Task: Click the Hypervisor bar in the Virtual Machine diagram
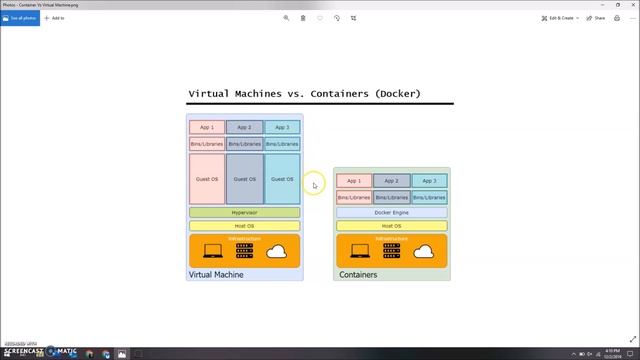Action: click(244, 213)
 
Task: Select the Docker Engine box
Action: click(391, 213)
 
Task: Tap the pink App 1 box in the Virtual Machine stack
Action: click(207, 128)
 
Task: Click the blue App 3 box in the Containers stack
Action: click(429, 181)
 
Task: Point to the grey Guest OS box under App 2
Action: click(245, 179)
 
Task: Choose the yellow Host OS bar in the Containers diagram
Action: click(391, 226)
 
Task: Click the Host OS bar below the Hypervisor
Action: click(244, 226)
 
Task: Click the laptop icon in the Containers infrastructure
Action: click(357, 251)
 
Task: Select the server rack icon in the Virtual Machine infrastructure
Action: click(244, 250)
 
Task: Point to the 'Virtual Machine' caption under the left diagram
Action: click(216, 274)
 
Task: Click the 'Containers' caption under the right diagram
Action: click(358, 274)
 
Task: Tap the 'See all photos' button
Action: click(19, 18)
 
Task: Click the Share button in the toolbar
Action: click(597, 18)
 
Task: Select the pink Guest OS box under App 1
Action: click(207, 179)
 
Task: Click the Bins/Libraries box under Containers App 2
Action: click(391, 197)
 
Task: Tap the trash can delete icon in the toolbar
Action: click(303, 18)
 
